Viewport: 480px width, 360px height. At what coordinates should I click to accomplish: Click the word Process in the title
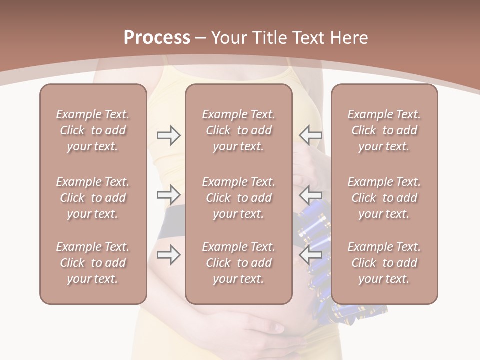pyautogui.click(x=157, y=38)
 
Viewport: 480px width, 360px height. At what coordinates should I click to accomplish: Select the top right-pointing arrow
pyautogui.click(x=168, y=135)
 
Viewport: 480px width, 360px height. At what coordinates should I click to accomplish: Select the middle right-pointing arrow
pyautogui.click(x=168, y=193)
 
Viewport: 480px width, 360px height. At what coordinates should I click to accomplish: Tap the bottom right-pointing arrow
pyautogui.click(x=168, y=255)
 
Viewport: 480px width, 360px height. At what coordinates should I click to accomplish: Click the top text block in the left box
pyautogui.click(x=93, y=130)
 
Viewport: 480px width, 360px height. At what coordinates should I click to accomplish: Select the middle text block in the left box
pyautogui.click(x=93, y=198)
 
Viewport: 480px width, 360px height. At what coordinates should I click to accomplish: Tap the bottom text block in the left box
pyautogui.click(x=93, y=263)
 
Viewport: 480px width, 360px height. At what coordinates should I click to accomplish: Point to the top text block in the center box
pyautogui.click(x=239, y=130)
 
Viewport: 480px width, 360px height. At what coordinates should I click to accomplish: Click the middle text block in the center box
pyautogui.click(x=239, y=198)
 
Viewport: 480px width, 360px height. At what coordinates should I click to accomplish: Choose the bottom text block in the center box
pyautogui.click(x=239, y=263)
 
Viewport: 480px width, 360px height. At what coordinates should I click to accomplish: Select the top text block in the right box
pyautogui.click(x=384, y=130)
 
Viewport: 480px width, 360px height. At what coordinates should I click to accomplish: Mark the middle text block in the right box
pyautogui.click(x=384, y=198)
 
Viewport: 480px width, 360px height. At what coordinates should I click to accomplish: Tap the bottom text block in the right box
pyautogui.click(x=384, y=263)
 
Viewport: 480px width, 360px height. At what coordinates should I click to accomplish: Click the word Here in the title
pyautogui.click(x=350, y=38)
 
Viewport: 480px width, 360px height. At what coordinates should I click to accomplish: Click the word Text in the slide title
pyautogui.click(x=310, y=38)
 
